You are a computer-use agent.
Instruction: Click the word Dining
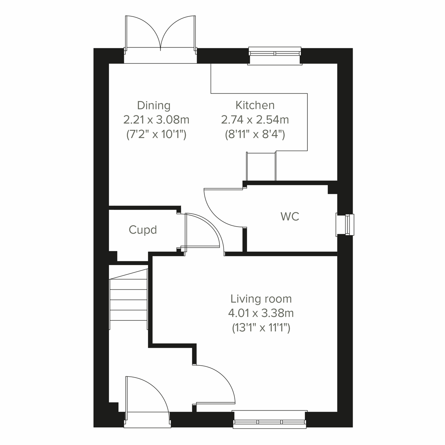[x=154, y=106]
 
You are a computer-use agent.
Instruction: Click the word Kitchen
[x=255, y=105]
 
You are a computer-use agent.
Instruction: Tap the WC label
[x=290, y=217]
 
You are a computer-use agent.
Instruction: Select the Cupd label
[x=143, y=230]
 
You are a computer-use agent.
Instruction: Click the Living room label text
[x=261, y=299]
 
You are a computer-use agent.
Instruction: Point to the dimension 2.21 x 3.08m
[x=156, y=120]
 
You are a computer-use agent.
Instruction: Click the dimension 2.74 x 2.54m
[x=255, y=120]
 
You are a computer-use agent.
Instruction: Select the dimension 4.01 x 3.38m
[x=261, y=313]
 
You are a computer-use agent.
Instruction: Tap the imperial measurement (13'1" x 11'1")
[x=261, y=328]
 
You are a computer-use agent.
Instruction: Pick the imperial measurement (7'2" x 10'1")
[x=156, y=134]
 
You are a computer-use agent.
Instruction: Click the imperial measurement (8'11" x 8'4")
[x=255, y=134]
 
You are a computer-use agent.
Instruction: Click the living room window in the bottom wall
[x=270, y=419]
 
